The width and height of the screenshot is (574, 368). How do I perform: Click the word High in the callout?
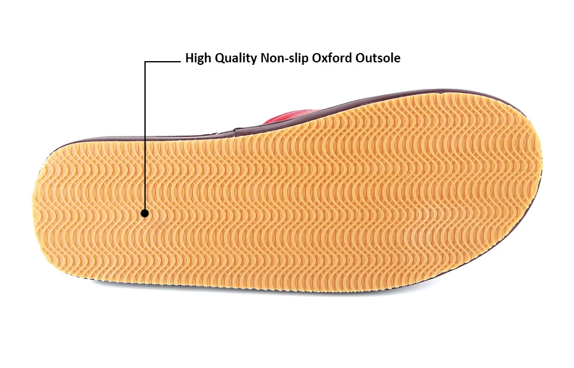[198, 59]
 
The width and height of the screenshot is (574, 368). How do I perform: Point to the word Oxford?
[334, 59]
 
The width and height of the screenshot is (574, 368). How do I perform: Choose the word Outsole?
[378, 59]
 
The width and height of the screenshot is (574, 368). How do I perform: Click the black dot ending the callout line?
[145, 214]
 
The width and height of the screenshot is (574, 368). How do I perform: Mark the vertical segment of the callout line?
[145, 136]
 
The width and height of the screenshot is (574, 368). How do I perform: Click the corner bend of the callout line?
[145, 61]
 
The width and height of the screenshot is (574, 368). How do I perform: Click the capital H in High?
[189, 59]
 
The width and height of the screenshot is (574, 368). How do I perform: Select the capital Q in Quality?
[219, 59]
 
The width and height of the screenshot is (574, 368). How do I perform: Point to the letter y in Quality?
[254, 61]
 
